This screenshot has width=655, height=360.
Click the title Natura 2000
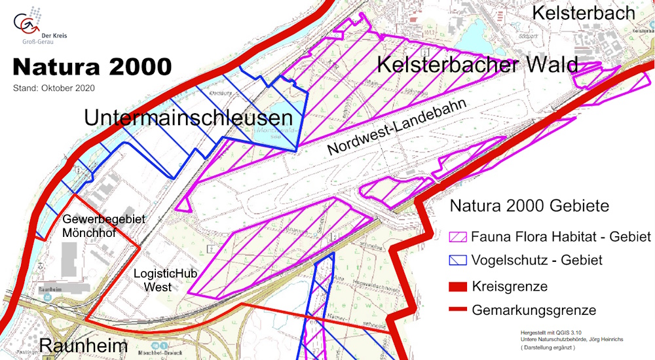coord(92,67)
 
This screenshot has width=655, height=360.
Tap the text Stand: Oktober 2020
coord(54,87)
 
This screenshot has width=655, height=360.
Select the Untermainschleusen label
coord(187,118)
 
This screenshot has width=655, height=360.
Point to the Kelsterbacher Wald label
coord(477,65)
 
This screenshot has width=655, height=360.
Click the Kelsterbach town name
coord(584,12)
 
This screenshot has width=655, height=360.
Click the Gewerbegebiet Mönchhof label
coord(104,225)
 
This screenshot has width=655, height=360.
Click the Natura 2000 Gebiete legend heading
coord(529,206)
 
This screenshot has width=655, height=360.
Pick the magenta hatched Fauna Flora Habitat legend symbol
coord(458,236)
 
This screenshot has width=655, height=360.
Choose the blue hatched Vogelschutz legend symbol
coord(458,260)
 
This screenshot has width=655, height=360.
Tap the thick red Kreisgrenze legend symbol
coord(458,287)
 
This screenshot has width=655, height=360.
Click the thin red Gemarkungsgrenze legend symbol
coord(458,310)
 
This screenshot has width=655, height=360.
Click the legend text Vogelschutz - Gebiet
coord(536,260)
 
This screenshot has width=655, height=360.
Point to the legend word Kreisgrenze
coord(510,287)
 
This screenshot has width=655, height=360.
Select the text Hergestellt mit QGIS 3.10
coord(550,332)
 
